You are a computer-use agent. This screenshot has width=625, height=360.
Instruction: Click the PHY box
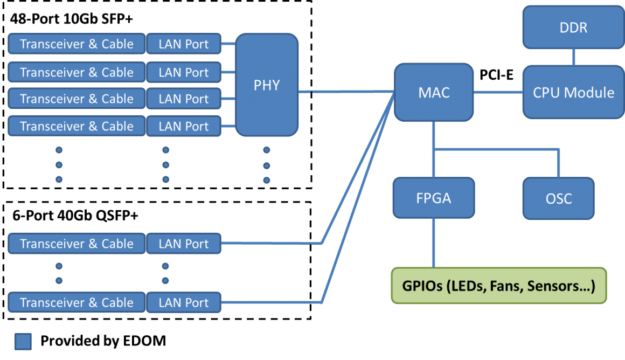pos(267,85)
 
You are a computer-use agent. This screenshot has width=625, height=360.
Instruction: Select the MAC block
pos(434,92)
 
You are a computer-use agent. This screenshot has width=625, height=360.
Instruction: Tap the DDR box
pos(573,27)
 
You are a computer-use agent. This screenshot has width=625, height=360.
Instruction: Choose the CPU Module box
pos(573,92)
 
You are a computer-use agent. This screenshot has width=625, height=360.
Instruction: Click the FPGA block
pos(434,198)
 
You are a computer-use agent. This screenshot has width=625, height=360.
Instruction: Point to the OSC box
pos(559,198)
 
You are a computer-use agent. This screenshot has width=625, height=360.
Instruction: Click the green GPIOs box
pos(498,286)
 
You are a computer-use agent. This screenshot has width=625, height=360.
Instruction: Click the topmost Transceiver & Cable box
pos(77,44)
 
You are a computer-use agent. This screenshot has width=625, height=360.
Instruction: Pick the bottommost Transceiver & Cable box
pos(77,303)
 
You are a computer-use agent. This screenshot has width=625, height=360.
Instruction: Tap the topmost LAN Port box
pos(184,44)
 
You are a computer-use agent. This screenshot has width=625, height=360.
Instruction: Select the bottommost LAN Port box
pos(184,303)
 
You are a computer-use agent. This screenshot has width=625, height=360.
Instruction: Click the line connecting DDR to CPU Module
pos(573,57)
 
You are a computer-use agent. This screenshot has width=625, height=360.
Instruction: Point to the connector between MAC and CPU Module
pos(498,92)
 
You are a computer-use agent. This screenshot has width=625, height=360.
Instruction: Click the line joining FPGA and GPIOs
pos(434,243)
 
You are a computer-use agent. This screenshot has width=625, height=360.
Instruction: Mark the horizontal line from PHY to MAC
pos(345,92)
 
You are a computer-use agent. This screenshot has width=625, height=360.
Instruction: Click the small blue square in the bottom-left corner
pos(23,342)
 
